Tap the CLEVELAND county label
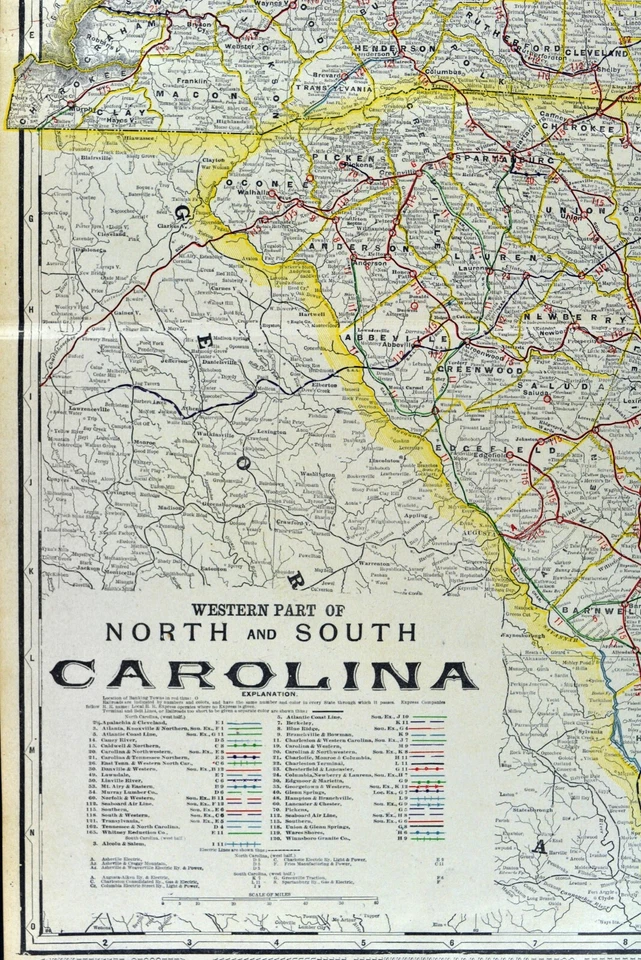point(596,52)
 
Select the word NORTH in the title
point(158,633)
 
